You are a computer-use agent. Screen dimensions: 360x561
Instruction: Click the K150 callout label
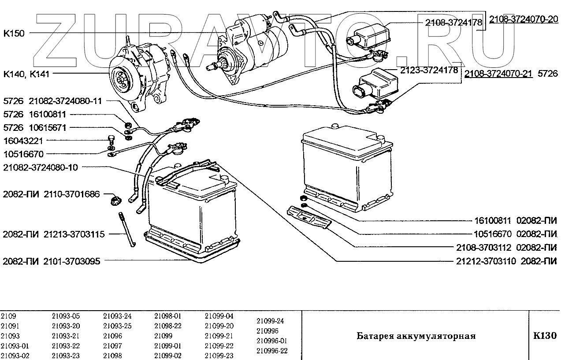coord(14,33)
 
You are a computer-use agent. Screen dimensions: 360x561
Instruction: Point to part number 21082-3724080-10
coord(40,167)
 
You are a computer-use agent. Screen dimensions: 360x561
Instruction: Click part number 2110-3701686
coord(72,194)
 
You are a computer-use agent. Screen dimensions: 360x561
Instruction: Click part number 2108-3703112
coord(484,247)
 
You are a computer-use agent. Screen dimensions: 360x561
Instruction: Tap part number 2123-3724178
coord(429,70)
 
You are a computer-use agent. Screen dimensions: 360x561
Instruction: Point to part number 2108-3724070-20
coord(524,19)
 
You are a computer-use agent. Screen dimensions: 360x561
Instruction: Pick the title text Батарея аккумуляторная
coord(416,336)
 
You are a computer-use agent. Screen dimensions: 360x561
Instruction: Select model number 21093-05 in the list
coord(66,316)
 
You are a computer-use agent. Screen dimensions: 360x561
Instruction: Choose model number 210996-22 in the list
coord(271,351)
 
